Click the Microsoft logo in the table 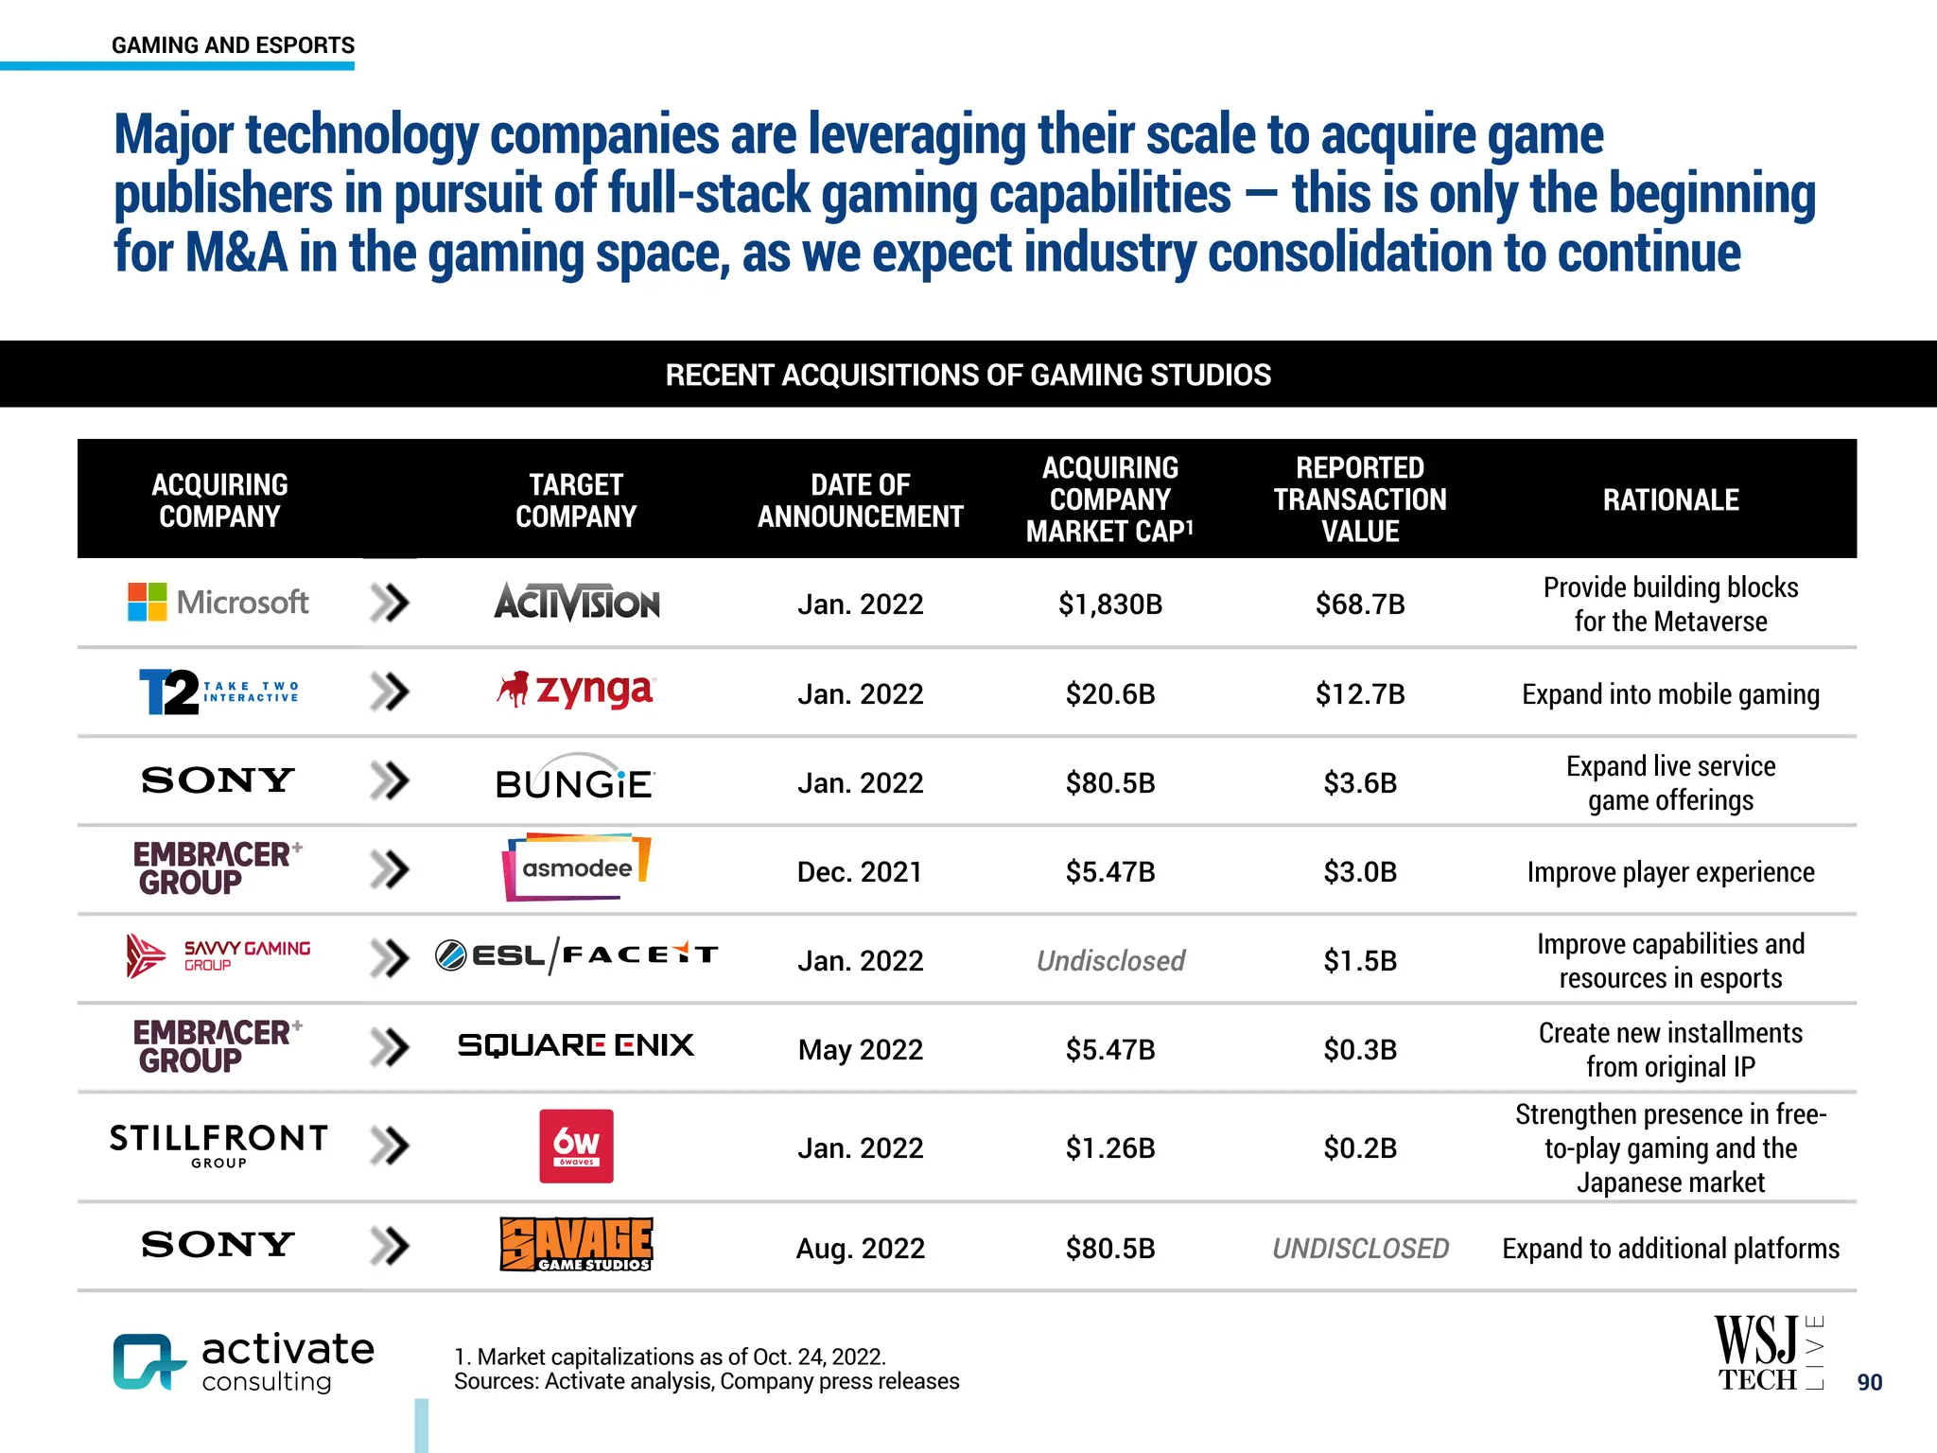pos(218,603)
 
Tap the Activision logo pos(577,603)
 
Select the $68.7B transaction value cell pos(1359,604)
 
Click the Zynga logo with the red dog pos(575,691)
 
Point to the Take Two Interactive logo pos(218,691)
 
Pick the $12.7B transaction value pos(1359,693)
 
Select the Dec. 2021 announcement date pos(860,871)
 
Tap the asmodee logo pos(576,867)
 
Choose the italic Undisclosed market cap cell pos(1110,961)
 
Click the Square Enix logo pos(575,1045)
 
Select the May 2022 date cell pos(860,1049)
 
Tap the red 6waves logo pos(576,1146)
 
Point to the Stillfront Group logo pos(218,1145)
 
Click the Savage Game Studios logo pos(576,1244)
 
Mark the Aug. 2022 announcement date pos(860,1248)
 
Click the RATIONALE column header pos(1670,499)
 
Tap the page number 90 pos(1869,1382)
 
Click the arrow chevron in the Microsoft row pos(390,603)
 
